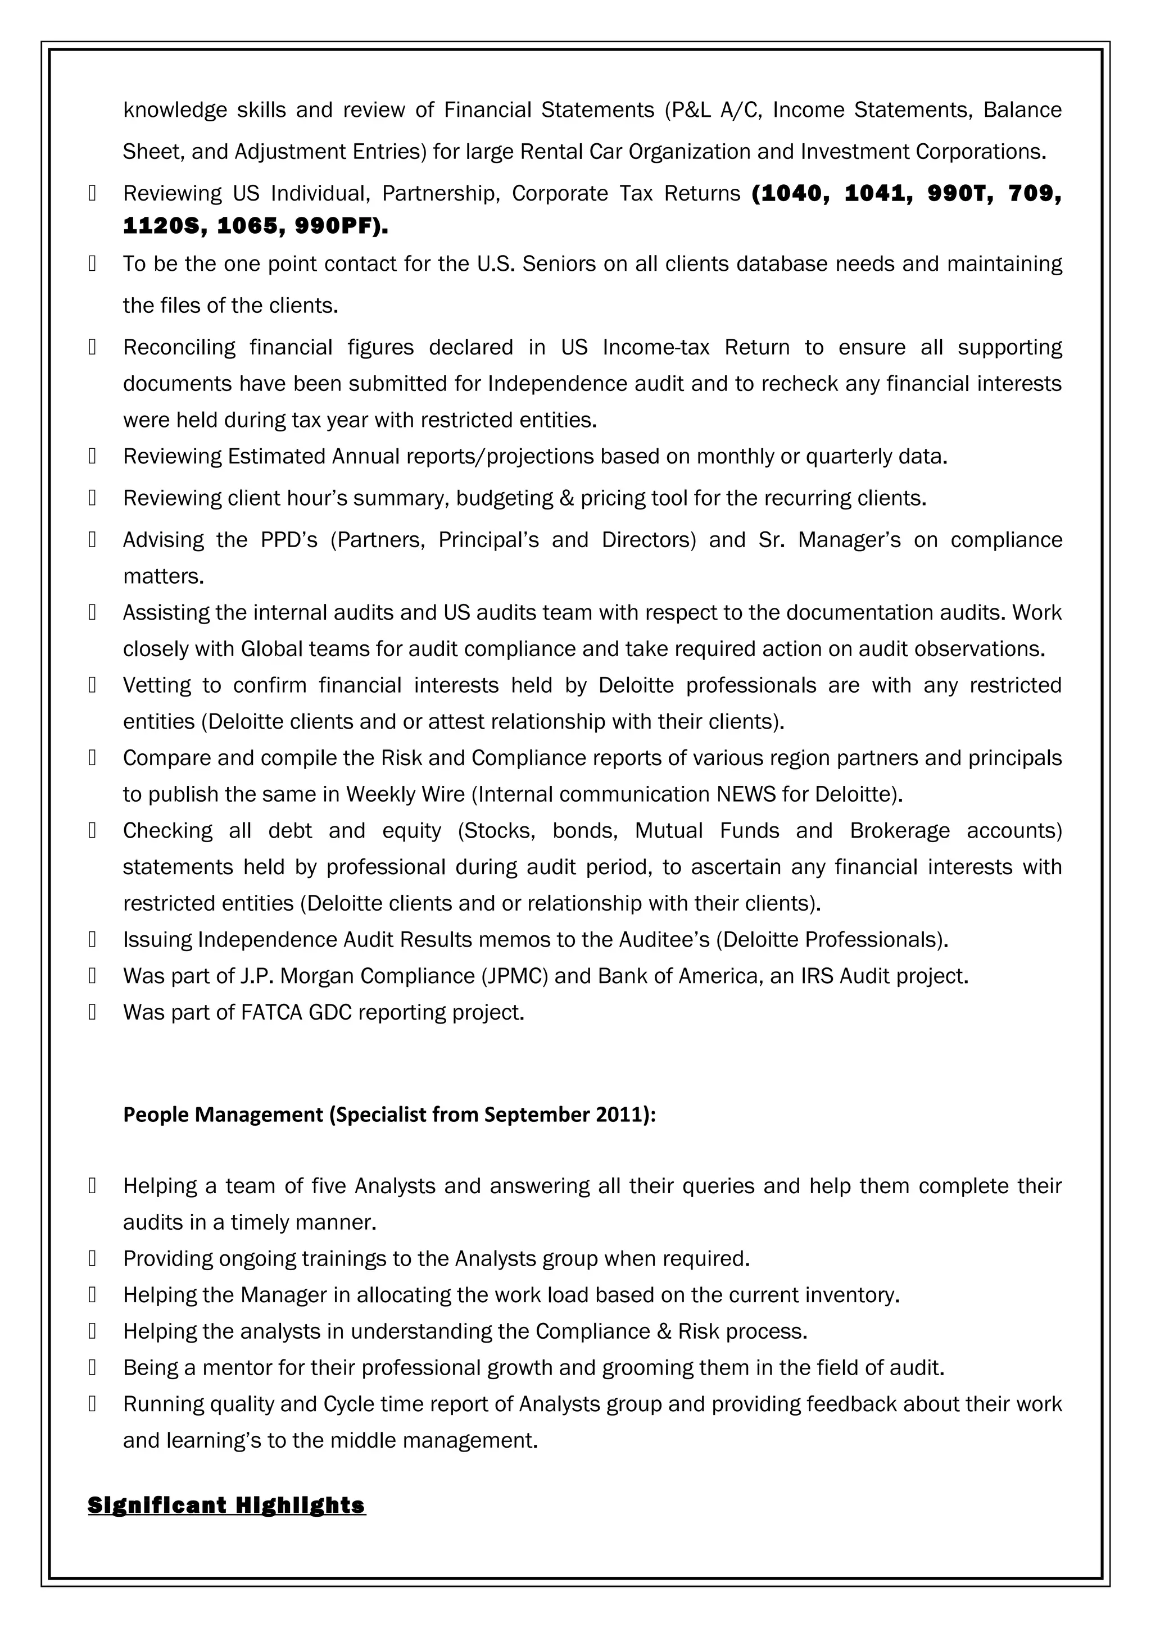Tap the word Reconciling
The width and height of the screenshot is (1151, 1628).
[x=179, y=347]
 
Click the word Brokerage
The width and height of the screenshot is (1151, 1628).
[x=899, y=830]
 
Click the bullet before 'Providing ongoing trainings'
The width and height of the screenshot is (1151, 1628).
[x=92, y=1259]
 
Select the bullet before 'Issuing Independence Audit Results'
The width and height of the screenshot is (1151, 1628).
[x=92, y=940]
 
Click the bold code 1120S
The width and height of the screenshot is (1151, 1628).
[x=164, y=227]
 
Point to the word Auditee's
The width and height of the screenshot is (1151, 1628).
[x=655, y=940]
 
